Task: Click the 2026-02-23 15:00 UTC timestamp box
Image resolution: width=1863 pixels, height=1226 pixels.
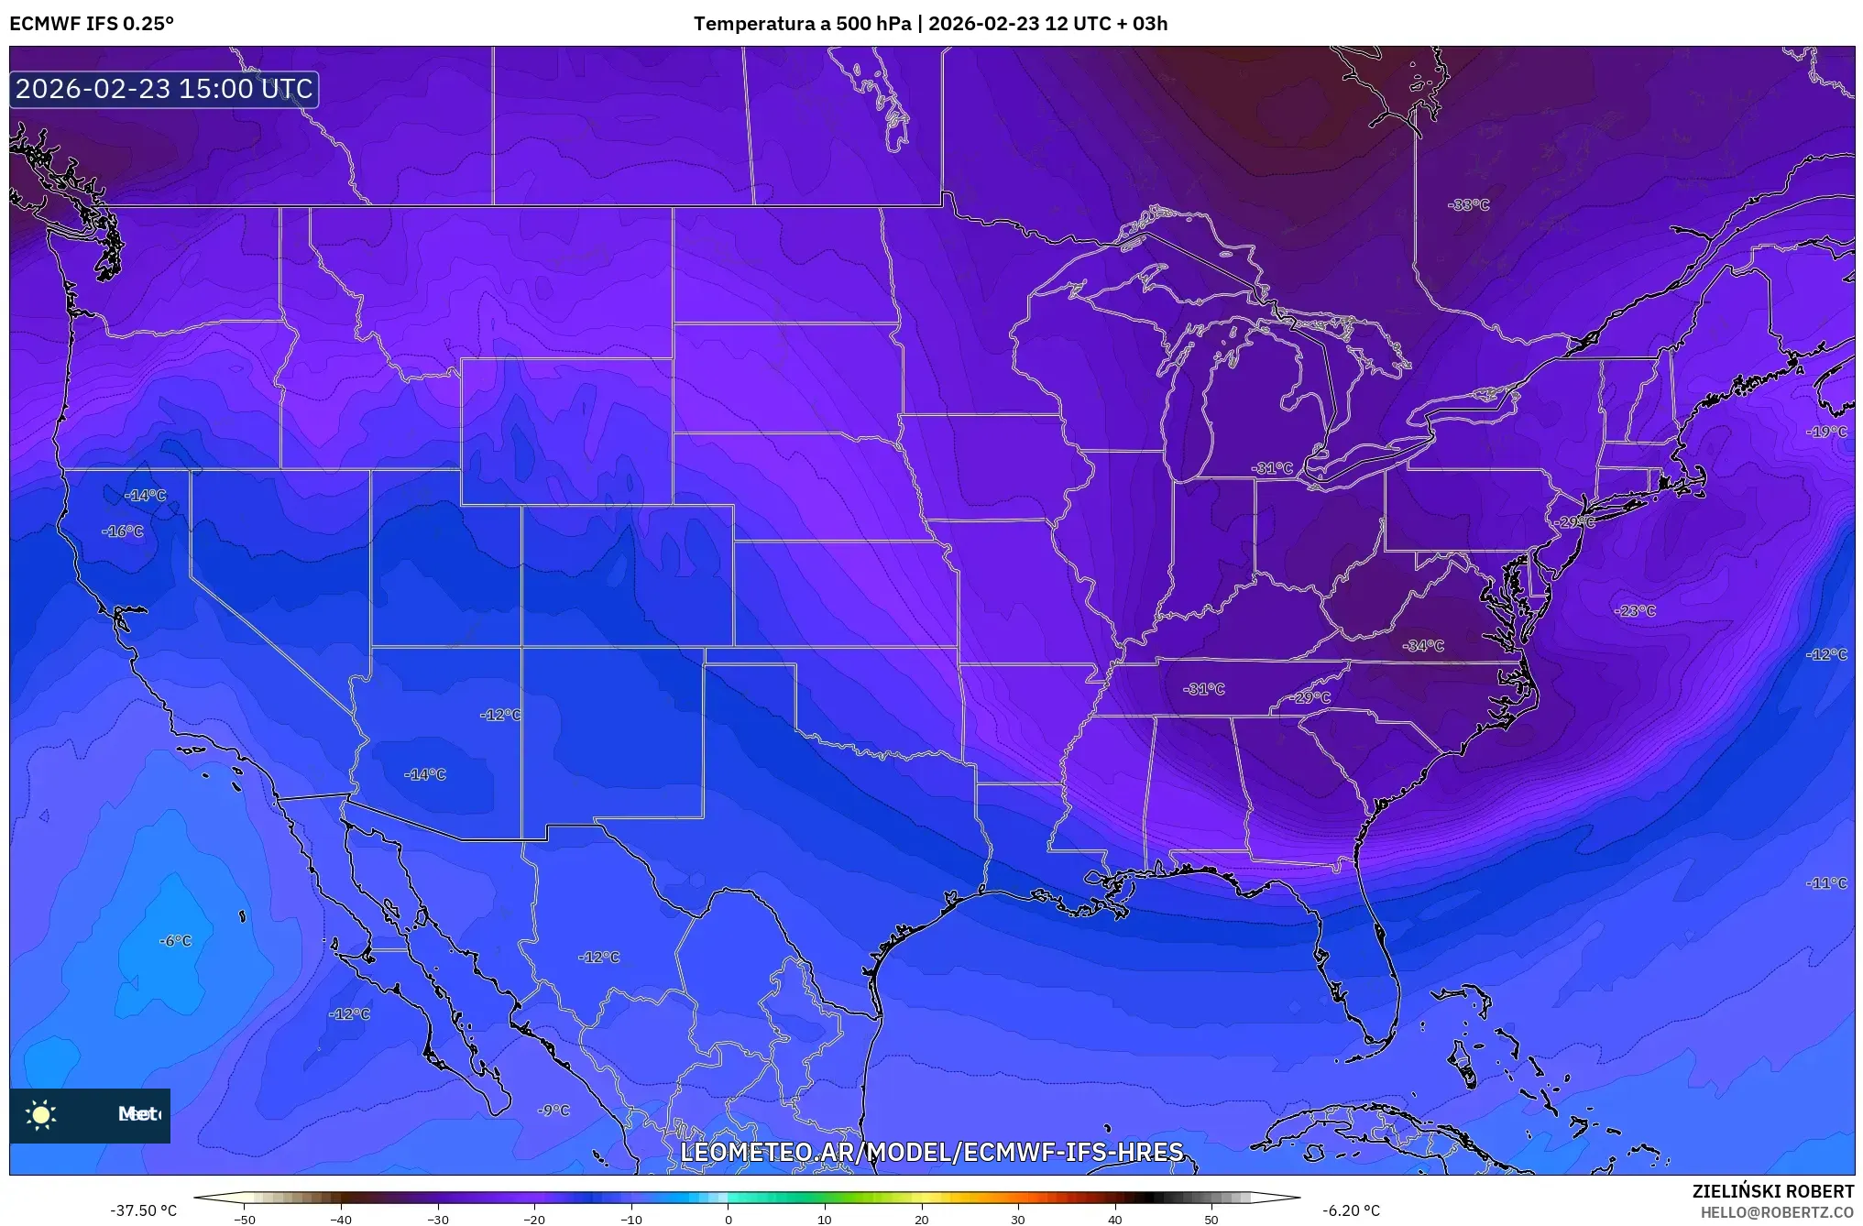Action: pyautogui.click(x=164, y=89)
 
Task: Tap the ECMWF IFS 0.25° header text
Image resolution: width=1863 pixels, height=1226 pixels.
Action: pyautogui.click(x=92, y=24)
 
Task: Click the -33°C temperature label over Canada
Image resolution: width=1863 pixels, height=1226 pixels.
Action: pyautogui.click(x=1468, y=205)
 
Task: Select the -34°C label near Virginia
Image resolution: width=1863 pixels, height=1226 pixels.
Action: pyautogui.click(x=1422, y=646)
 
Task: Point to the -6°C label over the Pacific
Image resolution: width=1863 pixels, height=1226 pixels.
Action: pyautogui.click(x=175, y=941)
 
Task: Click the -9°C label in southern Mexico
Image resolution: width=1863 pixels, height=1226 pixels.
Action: pyautogui.click(x=553, y=1111)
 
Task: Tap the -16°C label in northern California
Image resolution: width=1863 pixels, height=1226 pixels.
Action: pyautogui.click(x=123, y=531)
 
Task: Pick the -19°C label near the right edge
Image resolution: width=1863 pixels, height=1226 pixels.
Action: pyautogui.click(x=1826, y=432)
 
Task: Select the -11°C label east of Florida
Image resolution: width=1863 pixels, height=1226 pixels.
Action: pyautogui.click(x=1826, y=883)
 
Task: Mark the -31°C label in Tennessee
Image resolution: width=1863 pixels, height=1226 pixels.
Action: pyautogui.click(x=1203, y=689)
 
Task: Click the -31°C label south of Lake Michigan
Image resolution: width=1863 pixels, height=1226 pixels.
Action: pyautogui.click(x=1272, y=468)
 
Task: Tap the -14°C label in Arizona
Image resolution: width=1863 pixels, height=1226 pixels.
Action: pyautogui.click(x=424, y=775)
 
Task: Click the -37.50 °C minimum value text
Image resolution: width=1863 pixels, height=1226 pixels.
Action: pyautogui.click(x=144, y=1210)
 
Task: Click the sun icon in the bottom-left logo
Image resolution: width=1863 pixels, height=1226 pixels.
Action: pyautogui.click(x=41, y=1114)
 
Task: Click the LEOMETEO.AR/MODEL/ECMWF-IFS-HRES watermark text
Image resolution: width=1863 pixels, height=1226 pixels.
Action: pyautogui.click(x=931, y=1152)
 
